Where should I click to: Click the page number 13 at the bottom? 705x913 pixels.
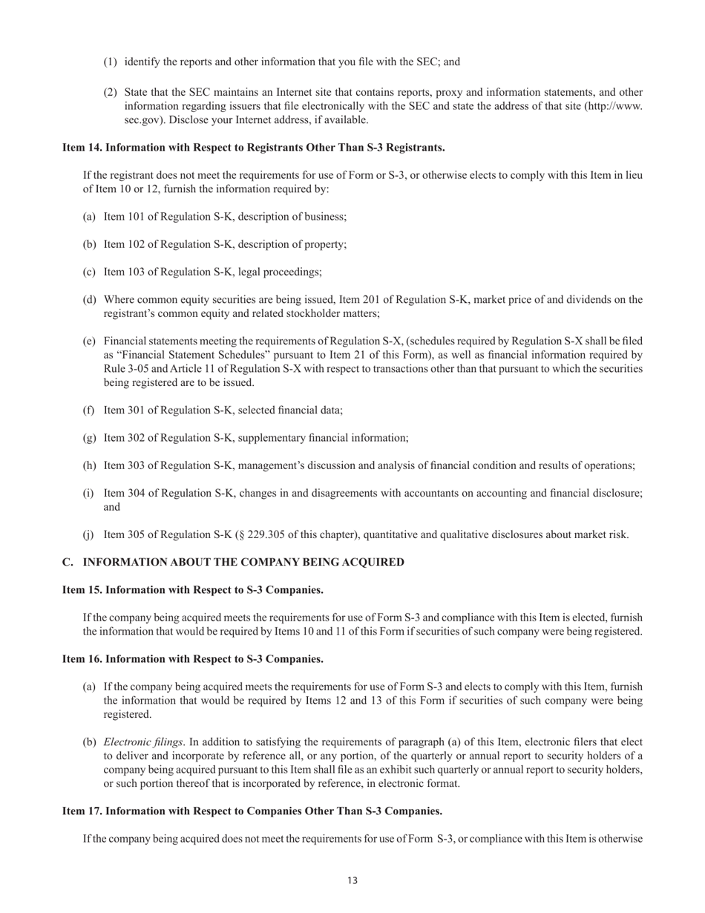(x=352, y=880)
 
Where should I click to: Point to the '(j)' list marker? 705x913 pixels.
(x=89, y=534)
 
